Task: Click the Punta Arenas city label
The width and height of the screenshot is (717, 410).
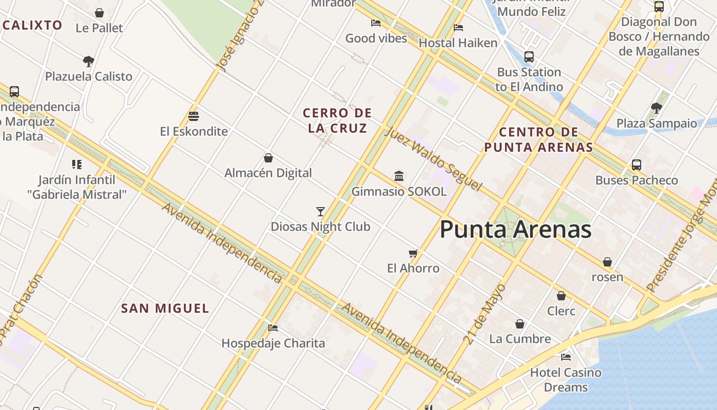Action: point(515,229)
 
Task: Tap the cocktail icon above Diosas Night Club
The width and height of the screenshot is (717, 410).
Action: point(321,211)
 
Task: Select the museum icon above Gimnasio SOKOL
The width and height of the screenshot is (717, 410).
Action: point(399,176)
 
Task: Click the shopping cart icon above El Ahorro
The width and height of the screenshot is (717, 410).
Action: point(413,253)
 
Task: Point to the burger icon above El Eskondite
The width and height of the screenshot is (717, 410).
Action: point(193,116)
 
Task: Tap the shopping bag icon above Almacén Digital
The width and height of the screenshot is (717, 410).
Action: point(268,157)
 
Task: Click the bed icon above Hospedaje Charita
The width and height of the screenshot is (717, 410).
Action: point(273,327)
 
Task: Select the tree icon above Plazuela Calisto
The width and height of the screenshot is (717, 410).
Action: point(89,61)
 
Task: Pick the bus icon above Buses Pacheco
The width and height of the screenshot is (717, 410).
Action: point(637,165)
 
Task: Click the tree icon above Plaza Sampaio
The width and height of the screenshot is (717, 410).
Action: point(657,108)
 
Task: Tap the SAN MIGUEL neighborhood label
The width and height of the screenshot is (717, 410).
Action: point(165,309)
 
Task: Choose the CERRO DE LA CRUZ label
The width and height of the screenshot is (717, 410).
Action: point(337,120)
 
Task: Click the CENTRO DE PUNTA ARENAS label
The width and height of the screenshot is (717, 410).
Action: point(538,140)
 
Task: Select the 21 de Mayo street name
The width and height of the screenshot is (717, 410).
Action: point(484,314)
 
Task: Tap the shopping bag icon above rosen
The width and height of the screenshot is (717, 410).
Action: point(607,262)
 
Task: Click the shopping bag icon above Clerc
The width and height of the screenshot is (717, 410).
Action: point(561,296)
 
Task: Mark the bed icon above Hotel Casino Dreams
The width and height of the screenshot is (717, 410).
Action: point(566,357)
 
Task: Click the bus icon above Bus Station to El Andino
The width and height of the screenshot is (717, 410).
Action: point(529,57)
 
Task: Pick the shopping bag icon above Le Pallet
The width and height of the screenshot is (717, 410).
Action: point(99,13)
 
